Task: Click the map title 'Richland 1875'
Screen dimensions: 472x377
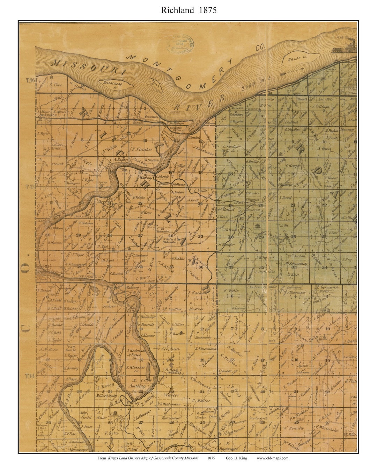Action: coord(188,10)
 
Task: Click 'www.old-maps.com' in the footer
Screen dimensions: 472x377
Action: coord(272,458)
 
